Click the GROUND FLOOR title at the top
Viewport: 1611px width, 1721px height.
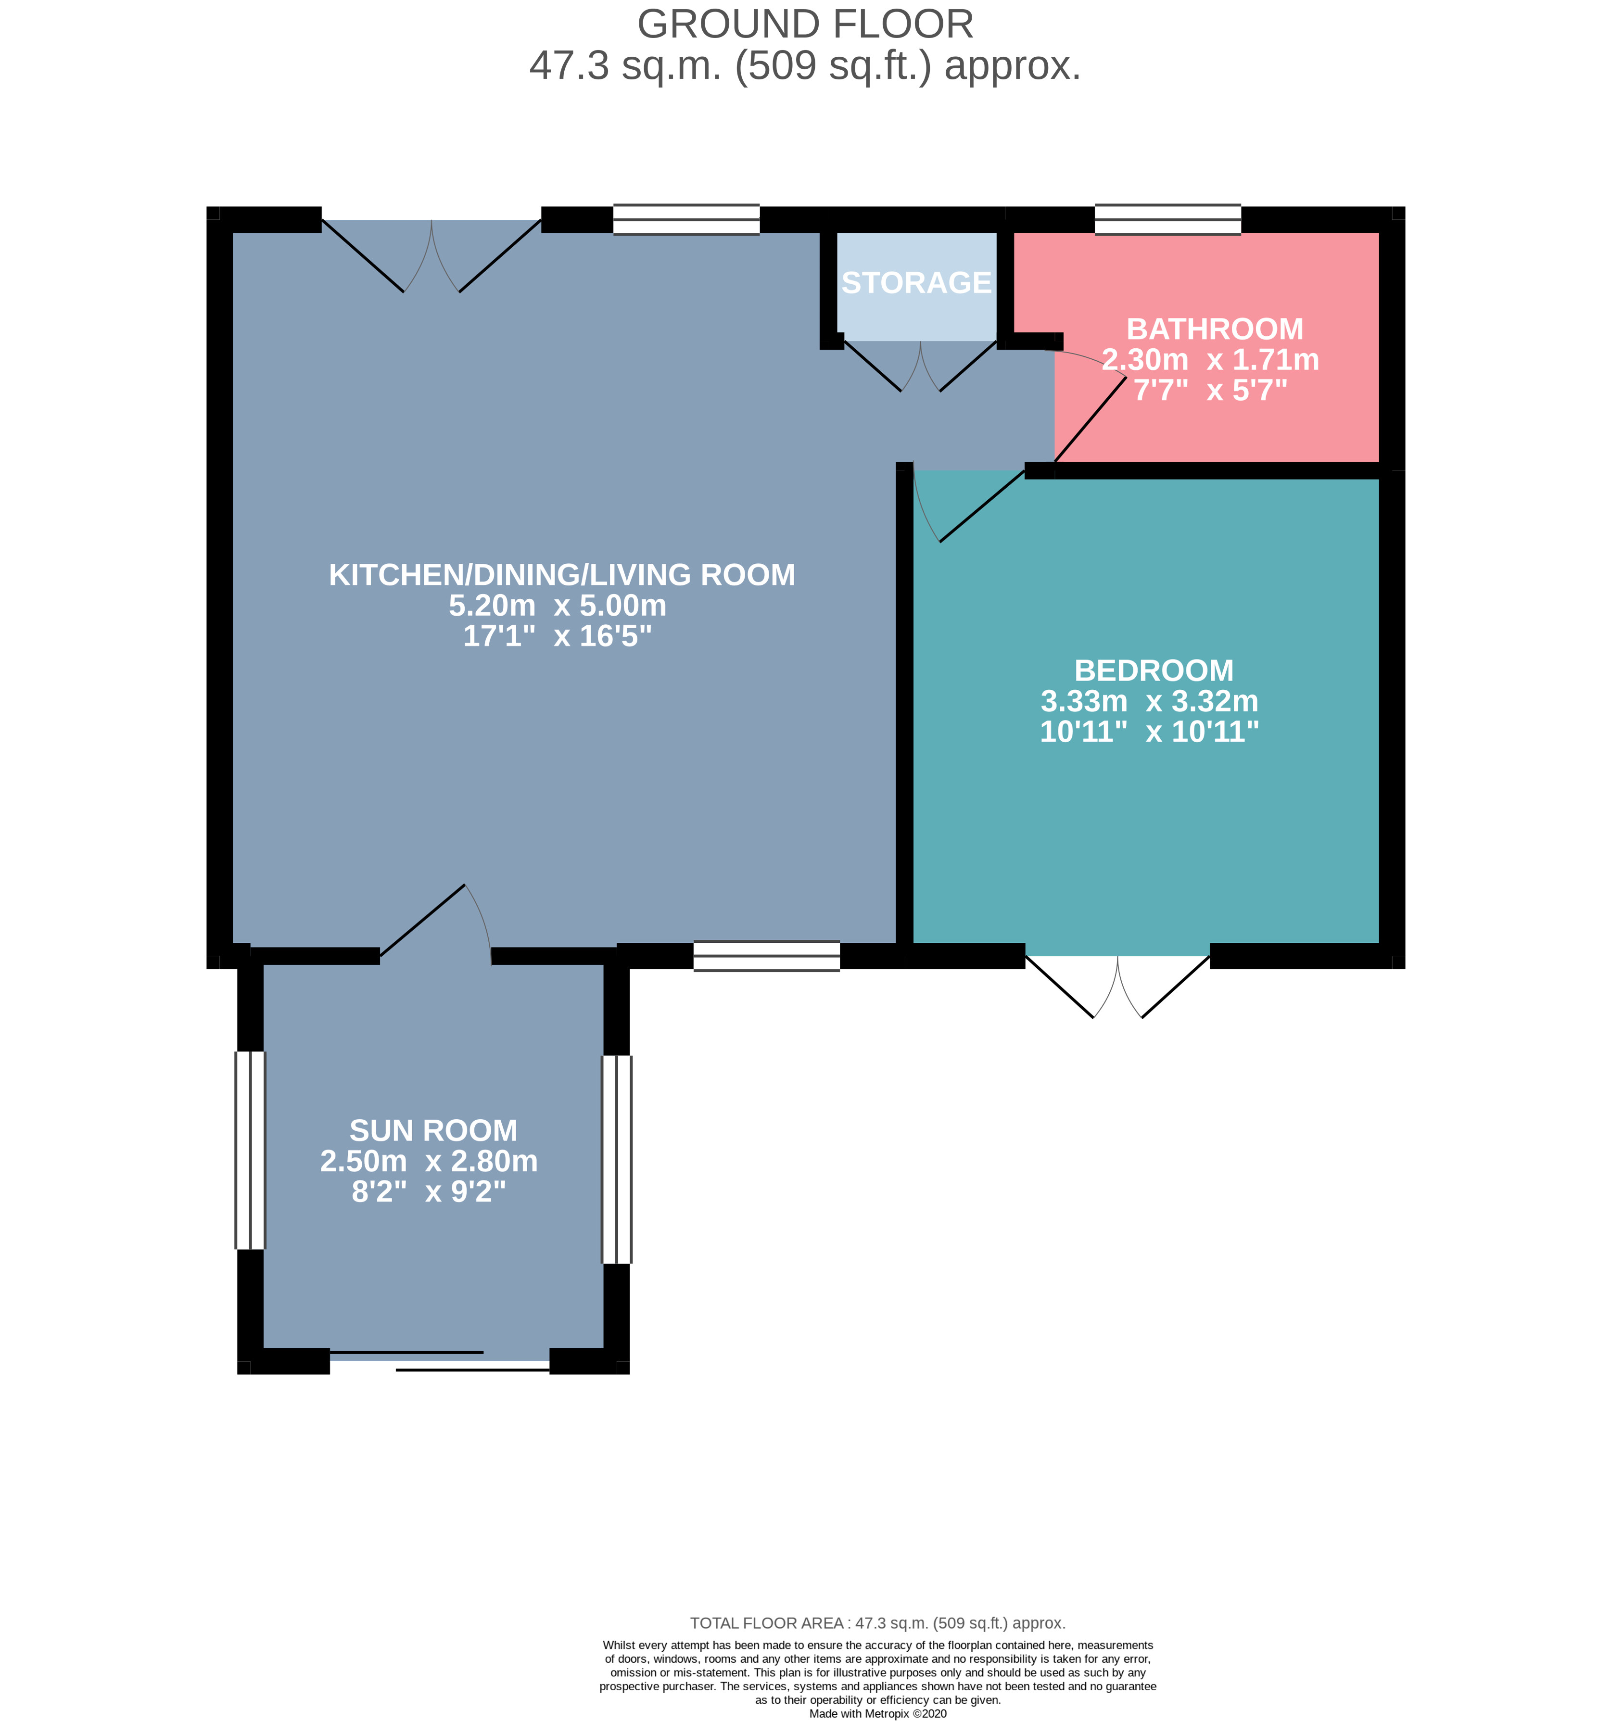click(805, 24)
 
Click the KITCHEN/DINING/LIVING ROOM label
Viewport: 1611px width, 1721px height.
click(562, 575)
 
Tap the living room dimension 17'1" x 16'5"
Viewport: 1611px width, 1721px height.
click(558, 636)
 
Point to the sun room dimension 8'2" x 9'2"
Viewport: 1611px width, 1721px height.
click(429, 1192)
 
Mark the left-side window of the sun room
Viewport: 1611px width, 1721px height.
click(250, 1151)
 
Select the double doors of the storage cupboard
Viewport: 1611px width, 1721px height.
click(920, 366)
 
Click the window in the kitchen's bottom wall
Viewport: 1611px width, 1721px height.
click(767, 956)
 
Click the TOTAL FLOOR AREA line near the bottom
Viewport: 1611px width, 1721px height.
click(878, 1623)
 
